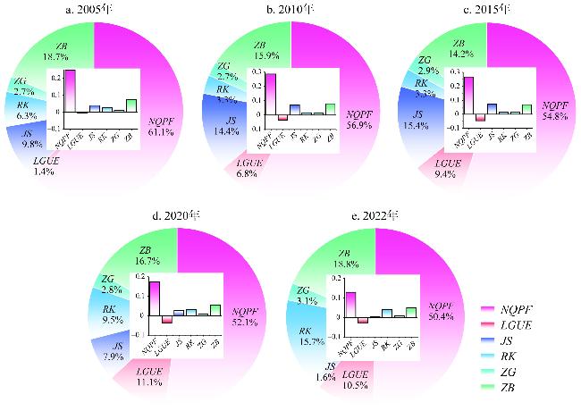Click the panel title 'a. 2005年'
coord(94,10)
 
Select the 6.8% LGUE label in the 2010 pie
coord(247,170)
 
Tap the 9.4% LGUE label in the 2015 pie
coord(445,170)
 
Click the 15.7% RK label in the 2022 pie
coord(308,337)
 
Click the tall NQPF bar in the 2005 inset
coord(69,90)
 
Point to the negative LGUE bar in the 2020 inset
coord(166,319)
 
